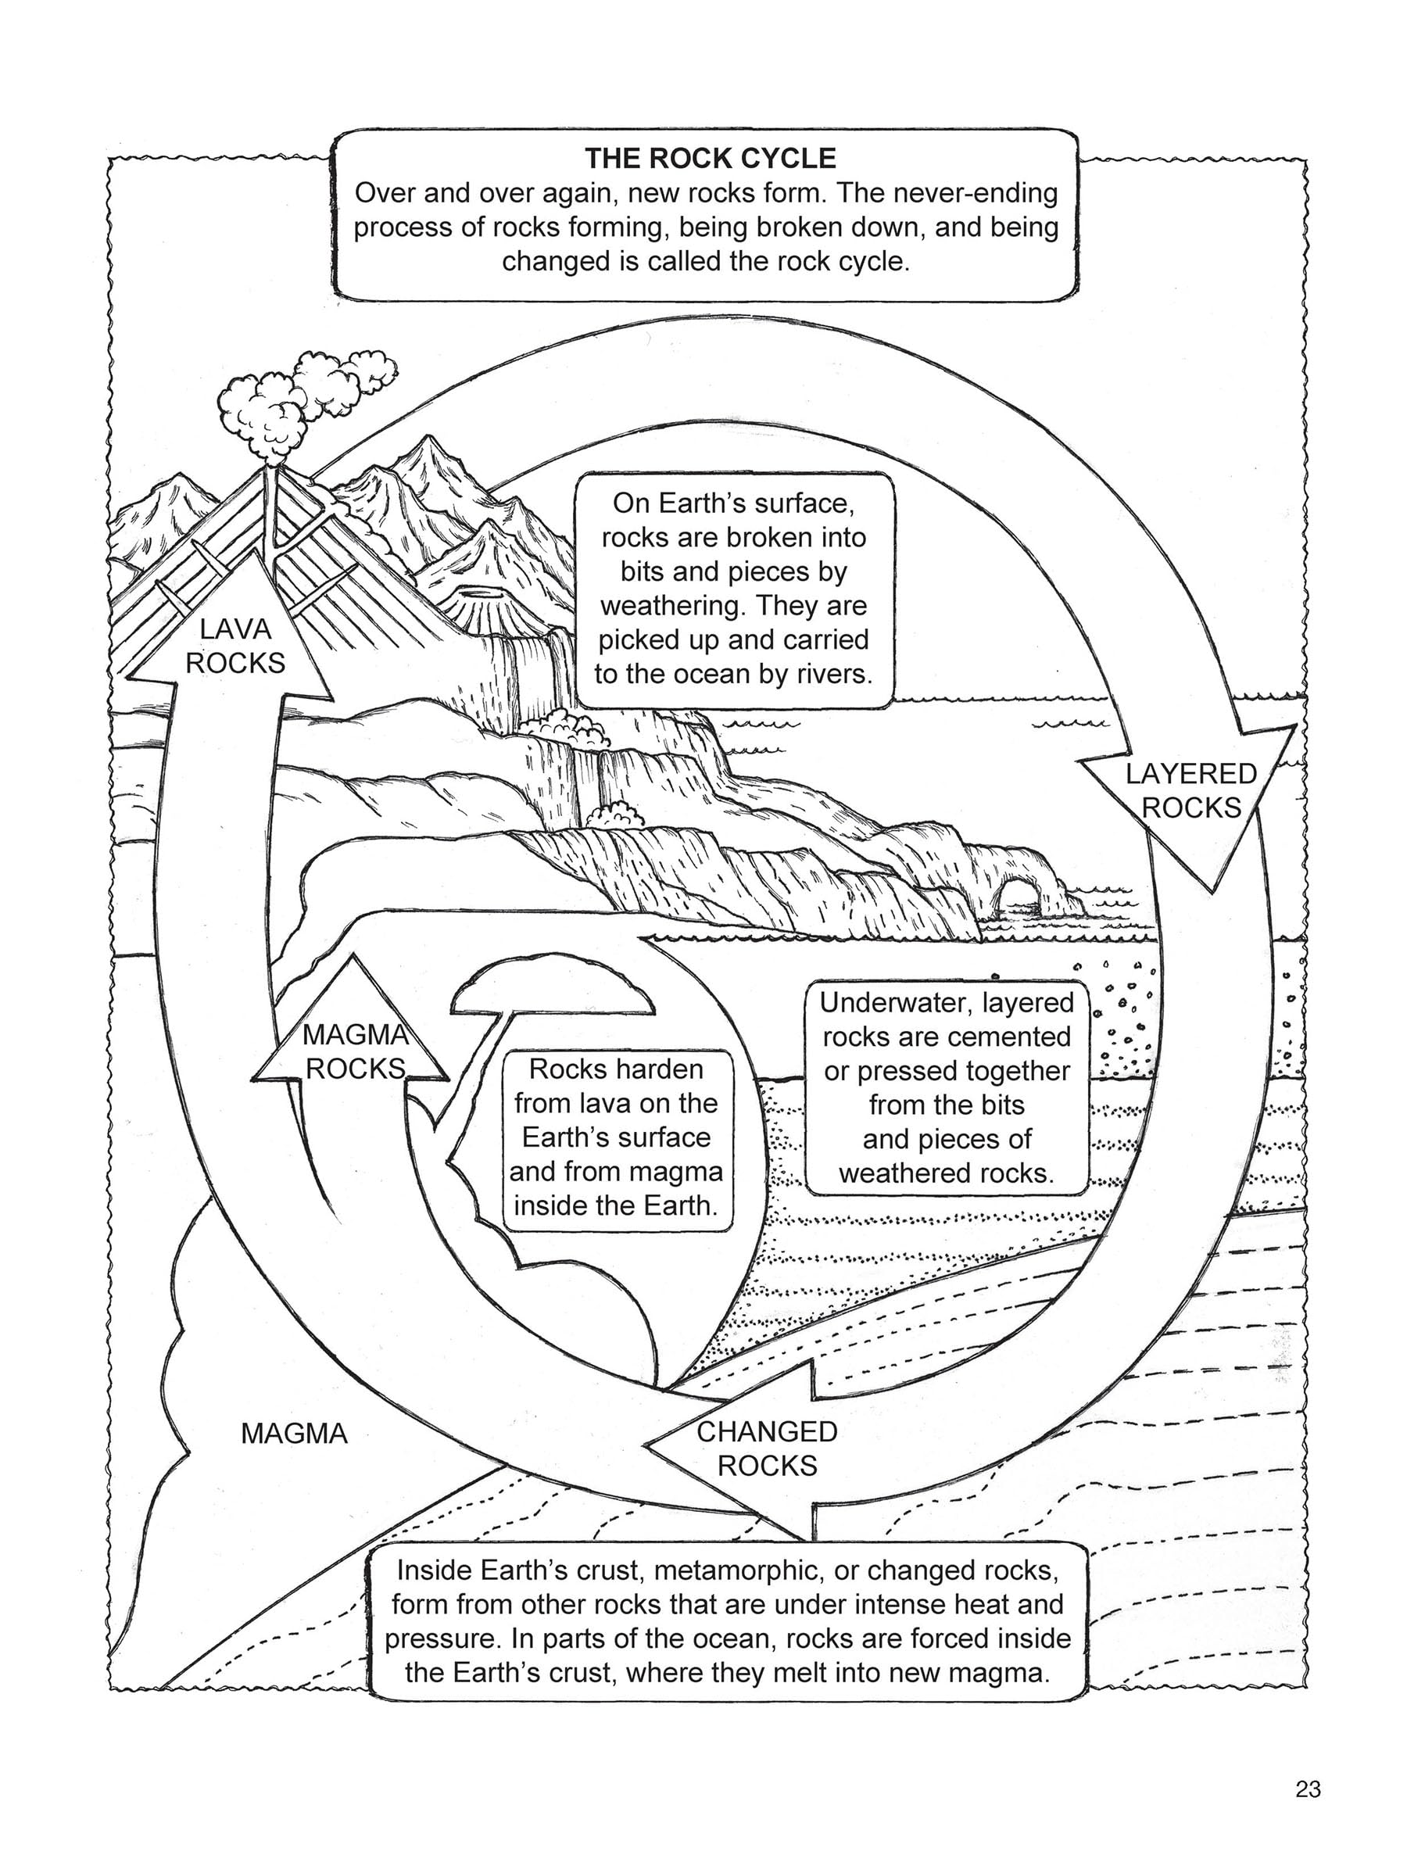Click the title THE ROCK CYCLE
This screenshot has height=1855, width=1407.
pyautogui.click(x=710, y=159)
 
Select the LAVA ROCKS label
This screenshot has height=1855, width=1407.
pyautogui.click(x=235, y=646)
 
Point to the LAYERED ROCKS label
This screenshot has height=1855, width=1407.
pyautogui.click(x=1190, y=790)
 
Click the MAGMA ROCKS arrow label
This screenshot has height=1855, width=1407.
pyautogui.click(x=356, y=1051)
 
